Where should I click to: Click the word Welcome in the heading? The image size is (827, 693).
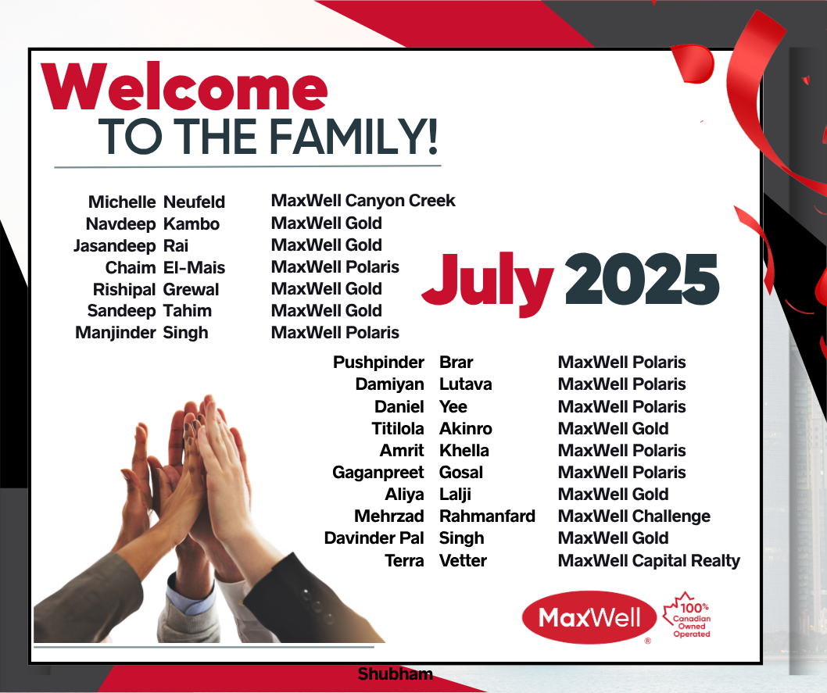pyautogui.click(x=184, y=86)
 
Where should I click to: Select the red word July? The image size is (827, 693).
pyautogui.click(x=488, y=284)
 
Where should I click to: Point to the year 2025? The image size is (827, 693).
pyautogui.click(x=642, y=279)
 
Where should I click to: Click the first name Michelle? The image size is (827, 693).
pyautogui.click(x=122, y=202)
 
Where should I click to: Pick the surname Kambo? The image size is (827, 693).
pyautogui.click(x=192, y=224)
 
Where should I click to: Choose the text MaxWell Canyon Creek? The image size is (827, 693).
pyautogui.click(x=363, y=201)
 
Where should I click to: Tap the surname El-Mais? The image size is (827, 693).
pyautogui.click(x=194, y=268)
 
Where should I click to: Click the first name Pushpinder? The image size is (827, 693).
pyautogui.click(x=378, y=363)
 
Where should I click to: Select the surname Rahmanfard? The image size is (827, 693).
pyautogui.click(x=487, y=516)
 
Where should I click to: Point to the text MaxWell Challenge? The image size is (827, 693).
pyautogui.click(x=634, y=516)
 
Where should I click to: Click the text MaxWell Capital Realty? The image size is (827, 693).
pyautogui.click(x=649, y=561)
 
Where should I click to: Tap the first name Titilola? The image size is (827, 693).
pyautogui.click(x=398, y=428)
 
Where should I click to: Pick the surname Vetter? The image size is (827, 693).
pyautogui.click(x=463, y=560)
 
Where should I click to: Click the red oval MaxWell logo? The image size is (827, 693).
pyautogui.click(x=589, y=617)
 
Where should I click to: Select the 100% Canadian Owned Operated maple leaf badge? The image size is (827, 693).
pyautogui.click(x=688, y=615)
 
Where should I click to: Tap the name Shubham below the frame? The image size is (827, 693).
pyautogui.click(x=395, y=674)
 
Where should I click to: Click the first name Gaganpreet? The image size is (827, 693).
pyautogui.click(x=378, y=473)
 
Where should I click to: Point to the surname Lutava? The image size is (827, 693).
pyautogui.click(x=466, y=384)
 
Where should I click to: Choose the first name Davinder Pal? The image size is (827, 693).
pyautogui.click(x=374, y=538)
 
